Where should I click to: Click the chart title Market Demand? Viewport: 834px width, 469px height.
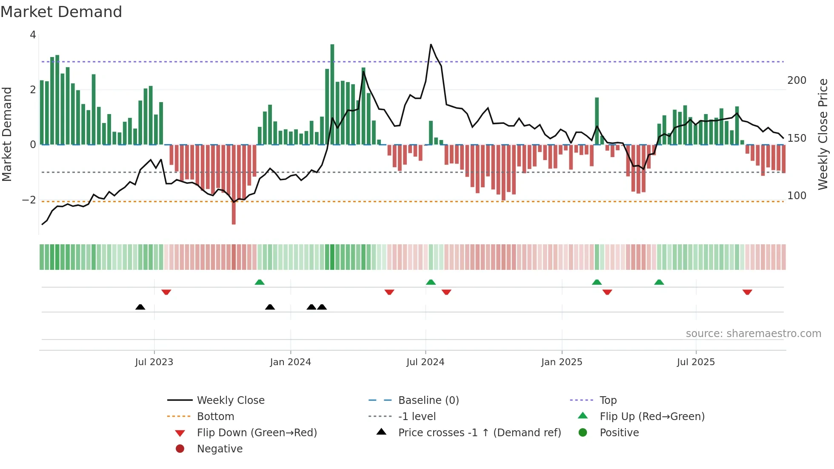pyautogui.click(x=61, y=12)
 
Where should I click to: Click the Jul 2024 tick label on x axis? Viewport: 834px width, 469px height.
pyautogui.click(x=425, y=362)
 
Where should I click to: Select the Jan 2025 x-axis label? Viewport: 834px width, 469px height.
pyautogui.click(x=561, y=362)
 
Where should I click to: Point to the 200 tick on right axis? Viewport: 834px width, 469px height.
pyautogui.click(x=797, y=80)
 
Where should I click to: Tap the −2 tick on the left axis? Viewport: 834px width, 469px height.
pyautogui.click(x=29, y=200)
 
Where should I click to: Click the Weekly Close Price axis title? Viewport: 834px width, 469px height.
pyautogui.click(x=823, y=134)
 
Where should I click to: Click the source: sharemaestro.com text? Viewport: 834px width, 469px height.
pyautogui.click(x=753, y=334)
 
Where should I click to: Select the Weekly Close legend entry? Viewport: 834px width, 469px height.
pyautogui.click(x=230, y=400)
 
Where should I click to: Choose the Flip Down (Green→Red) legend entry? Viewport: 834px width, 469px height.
pyautogui.click(x=257, y=433)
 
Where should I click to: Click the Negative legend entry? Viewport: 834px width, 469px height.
pyautogui.click(x=220, y=449)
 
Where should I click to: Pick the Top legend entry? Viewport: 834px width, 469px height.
pyautogui.click(x=608, y=400)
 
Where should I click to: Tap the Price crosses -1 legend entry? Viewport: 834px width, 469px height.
pyautogui.click(x=479, y=433)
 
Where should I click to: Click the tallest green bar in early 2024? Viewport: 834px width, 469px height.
pyautogui.click(x=332, y=94)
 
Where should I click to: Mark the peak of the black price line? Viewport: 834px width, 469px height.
pyautogui.click(x=431, y=44)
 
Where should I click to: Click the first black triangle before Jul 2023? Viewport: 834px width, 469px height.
pyautogui.click(x=140, y=307)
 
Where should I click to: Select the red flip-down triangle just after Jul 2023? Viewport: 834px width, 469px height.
pyautogui.click(x=166, y=292)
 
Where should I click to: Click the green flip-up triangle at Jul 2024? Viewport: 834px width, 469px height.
pyautogui.click(x=431, y=282)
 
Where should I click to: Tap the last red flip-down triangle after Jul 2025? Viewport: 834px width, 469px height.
pyautogui.click(x=747, y=292)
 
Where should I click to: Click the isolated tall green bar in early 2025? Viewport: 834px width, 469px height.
pyautogui.click(x=597, y=121)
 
